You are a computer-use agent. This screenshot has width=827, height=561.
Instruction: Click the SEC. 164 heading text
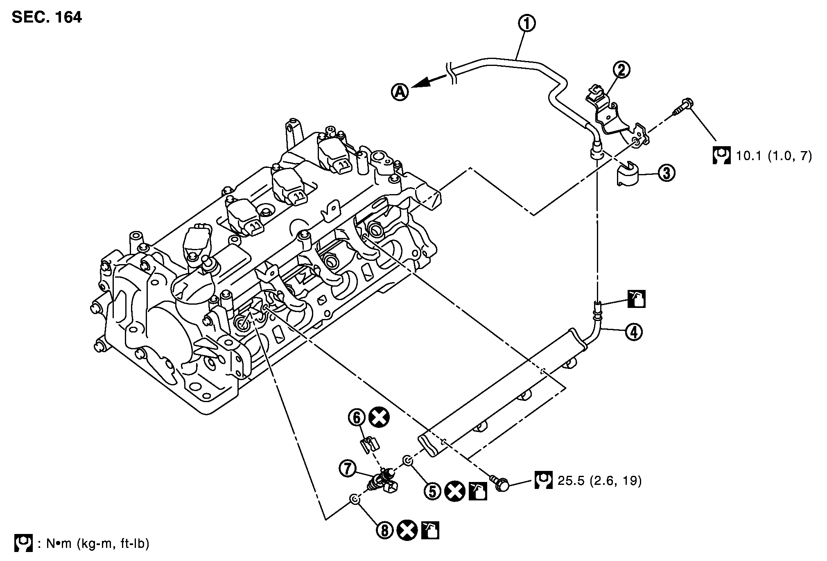(x=47, y=17)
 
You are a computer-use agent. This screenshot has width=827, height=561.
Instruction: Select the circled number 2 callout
(x=621, y=70)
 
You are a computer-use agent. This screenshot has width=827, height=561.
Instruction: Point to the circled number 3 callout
(x=667, y=174)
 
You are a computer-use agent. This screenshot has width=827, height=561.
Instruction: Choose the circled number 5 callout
(x=433, y=491)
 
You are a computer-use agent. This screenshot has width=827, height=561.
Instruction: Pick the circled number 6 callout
(x=357, y=418)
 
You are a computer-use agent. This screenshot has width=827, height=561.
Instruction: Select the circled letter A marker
(x=400, y=92)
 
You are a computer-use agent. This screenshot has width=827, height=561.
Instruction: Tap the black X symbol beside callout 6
(x=379, y=418)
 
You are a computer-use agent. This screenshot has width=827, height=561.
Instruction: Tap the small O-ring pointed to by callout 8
(x=355, y=499)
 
